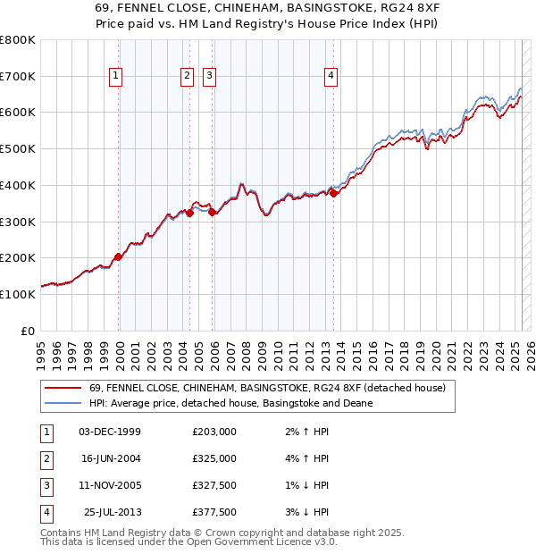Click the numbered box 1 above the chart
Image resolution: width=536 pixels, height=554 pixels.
(x=117, y=77)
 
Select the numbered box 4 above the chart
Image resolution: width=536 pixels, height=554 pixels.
(x=331, y=77)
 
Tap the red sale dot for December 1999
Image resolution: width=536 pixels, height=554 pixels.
(x=118, y=256)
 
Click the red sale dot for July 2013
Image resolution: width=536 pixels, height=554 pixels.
(x=333, y=193)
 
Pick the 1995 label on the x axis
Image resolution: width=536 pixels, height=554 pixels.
(x=41, y=347)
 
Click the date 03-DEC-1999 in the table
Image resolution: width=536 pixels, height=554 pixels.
(x=110, y=432)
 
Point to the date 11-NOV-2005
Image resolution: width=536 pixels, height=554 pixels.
(x=110, y=485)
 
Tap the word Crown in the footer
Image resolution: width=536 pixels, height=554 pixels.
(x=192, y=533)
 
